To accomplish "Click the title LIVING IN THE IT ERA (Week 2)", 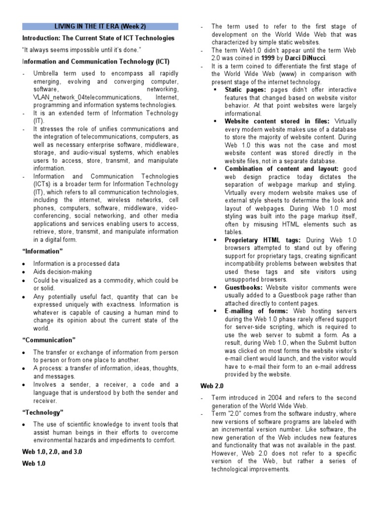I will [100, 26].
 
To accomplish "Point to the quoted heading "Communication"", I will [48, 340].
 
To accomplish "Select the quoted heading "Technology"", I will [43, 412].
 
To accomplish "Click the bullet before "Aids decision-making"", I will [24, 272].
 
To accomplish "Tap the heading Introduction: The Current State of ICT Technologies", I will [98, 38].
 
